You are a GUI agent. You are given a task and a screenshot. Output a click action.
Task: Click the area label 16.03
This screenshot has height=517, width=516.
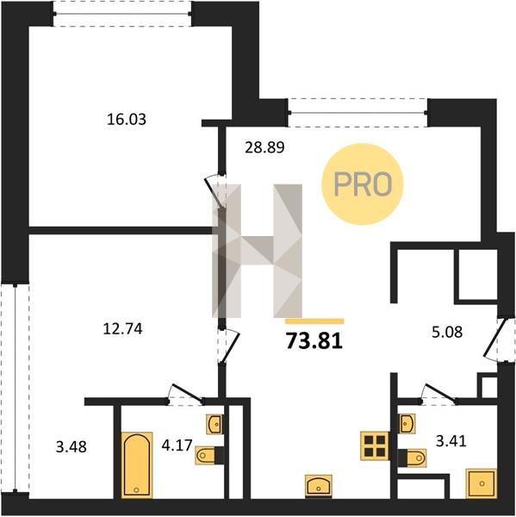[x=127, y=119]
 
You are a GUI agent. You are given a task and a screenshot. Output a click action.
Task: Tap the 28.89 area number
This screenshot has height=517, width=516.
[x=264, y=147]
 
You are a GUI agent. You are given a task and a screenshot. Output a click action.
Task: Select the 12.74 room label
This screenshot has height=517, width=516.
[x=122, y=329]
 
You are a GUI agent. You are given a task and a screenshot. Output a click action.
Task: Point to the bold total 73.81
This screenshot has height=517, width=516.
[x=314, y=340]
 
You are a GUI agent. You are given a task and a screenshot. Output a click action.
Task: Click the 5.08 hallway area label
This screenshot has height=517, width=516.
[x=447, y=332]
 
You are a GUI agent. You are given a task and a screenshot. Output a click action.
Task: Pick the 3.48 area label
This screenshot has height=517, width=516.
[x=71, y=447]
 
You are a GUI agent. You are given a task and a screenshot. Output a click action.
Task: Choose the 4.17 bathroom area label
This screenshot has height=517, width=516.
[x=177, y=445]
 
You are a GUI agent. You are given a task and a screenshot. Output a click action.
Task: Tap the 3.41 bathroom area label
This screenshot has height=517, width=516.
[x=451, y=441]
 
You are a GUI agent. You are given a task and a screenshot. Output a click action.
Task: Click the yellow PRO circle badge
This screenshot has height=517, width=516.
[x=363, y=184]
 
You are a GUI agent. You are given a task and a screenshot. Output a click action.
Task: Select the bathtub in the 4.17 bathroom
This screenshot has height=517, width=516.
[x=137, y=465]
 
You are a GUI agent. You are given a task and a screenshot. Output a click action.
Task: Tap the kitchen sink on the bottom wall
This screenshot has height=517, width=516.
[x=319, y=486]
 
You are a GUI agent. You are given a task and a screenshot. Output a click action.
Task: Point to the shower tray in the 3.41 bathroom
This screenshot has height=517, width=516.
[x=481, y=483]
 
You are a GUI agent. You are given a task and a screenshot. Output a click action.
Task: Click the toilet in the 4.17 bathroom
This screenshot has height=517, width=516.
[x=207, y=455]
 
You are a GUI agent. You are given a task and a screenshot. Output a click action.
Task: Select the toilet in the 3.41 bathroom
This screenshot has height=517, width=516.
[x=413, y=458]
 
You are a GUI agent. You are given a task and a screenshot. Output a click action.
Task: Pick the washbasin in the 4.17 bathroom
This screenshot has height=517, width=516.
[x=214, y=424]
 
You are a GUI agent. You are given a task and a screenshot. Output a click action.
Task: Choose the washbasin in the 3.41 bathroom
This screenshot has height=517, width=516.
[x=407, y=423]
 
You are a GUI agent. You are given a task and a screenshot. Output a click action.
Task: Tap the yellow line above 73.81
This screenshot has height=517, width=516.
[x=315, y=321]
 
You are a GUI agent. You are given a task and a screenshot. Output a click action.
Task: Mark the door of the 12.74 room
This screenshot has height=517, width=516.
[x=231, y=347]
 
